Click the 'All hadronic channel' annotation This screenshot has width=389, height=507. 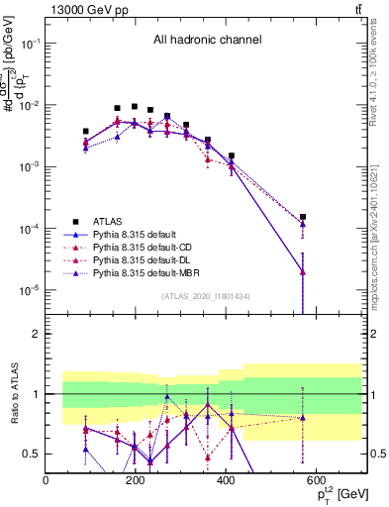[206, 41]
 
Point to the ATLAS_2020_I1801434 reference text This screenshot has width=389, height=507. [205, 296]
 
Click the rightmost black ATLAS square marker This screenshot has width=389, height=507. [303, 217]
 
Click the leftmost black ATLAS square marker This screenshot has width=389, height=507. [86, 131]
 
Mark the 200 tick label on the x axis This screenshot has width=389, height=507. [136, 480]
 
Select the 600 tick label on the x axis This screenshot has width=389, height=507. [316, 480]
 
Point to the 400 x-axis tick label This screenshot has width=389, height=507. [226, 480]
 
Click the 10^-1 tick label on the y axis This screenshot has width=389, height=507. [31, 45]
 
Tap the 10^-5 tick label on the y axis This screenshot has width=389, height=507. [31, 290]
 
